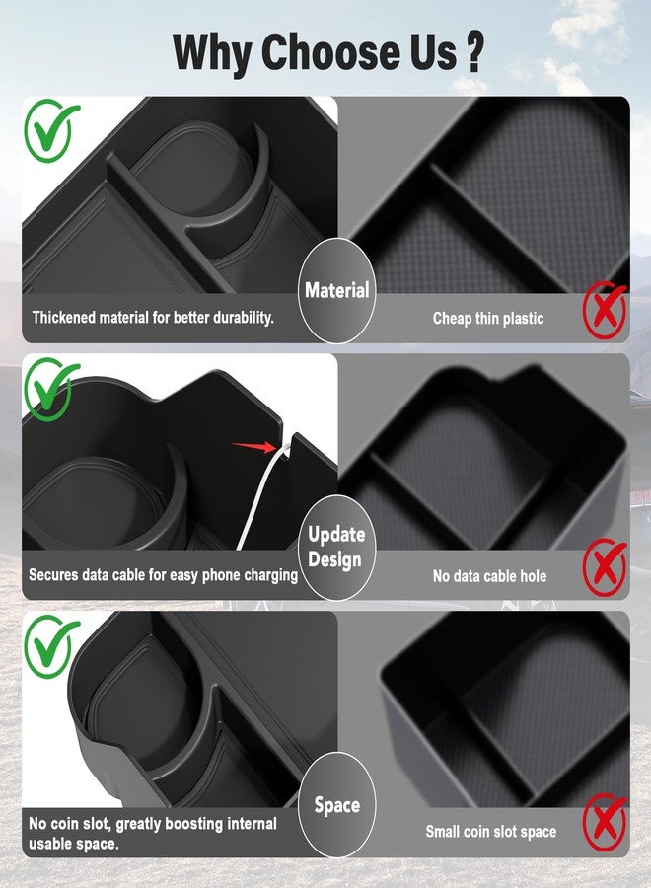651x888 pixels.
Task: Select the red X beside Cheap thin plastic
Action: coord(606,310)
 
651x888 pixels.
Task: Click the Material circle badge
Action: coord(336,290)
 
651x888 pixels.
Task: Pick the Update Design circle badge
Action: coord(336,547)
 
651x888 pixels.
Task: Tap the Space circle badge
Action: coord(336,805)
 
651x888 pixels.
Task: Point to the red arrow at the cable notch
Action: coord(253,447)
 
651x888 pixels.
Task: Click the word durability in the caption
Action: coord(243,317)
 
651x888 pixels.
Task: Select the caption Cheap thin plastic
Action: coord(488,319)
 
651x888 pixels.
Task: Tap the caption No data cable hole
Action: coord(489,576)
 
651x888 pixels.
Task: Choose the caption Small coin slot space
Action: coord(491,832)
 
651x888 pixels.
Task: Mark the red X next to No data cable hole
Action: coord(606,567)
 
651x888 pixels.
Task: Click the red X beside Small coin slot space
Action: coord(606,822)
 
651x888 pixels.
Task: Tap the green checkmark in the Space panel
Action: coord(51,646)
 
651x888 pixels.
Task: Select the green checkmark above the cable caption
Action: coord(51,389)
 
